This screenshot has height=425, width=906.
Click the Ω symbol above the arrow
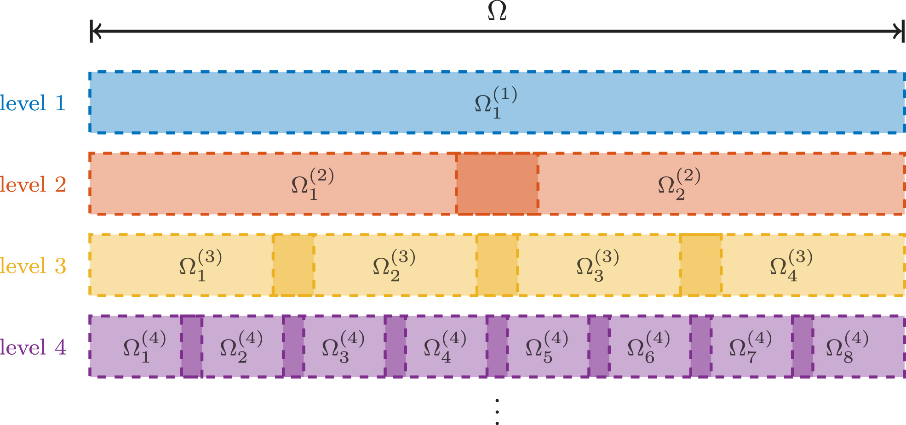point(497,11)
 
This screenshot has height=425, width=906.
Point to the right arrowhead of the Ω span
point(899,31)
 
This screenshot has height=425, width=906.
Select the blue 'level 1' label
point(33,103)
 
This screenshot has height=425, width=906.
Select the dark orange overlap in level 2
point(497,184)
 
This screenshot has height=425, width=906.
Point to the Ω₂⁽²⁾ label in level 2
point(679,184)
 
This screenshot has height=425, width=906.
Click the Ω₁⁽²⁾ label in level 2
point(312,184)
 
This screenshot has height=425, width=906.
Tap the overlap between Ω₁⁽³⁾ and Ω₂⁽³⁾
point(293,265)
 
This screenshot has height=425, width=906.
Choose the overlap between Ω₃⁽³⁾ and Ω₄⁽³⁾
point(701,265)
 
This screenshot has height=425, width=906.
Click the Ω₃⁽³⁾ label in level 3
point(597,266)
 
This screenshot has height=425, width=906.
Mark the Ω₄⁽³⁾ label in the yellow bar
point(791,266)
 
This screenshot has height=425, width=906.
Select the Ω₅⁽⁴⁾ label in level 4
point(546,347)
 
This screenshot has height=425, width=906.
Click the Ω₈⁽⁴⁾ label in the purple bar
point(847,347)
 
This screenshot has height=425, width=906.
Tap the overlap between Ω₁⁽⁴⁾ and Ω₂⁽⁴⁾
point(191,346)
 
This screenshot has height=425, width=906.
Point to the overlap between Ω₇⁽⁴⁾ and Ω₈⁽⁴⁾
point(803,346)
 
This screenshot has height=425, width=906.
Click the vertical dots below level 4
point(497,412)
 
